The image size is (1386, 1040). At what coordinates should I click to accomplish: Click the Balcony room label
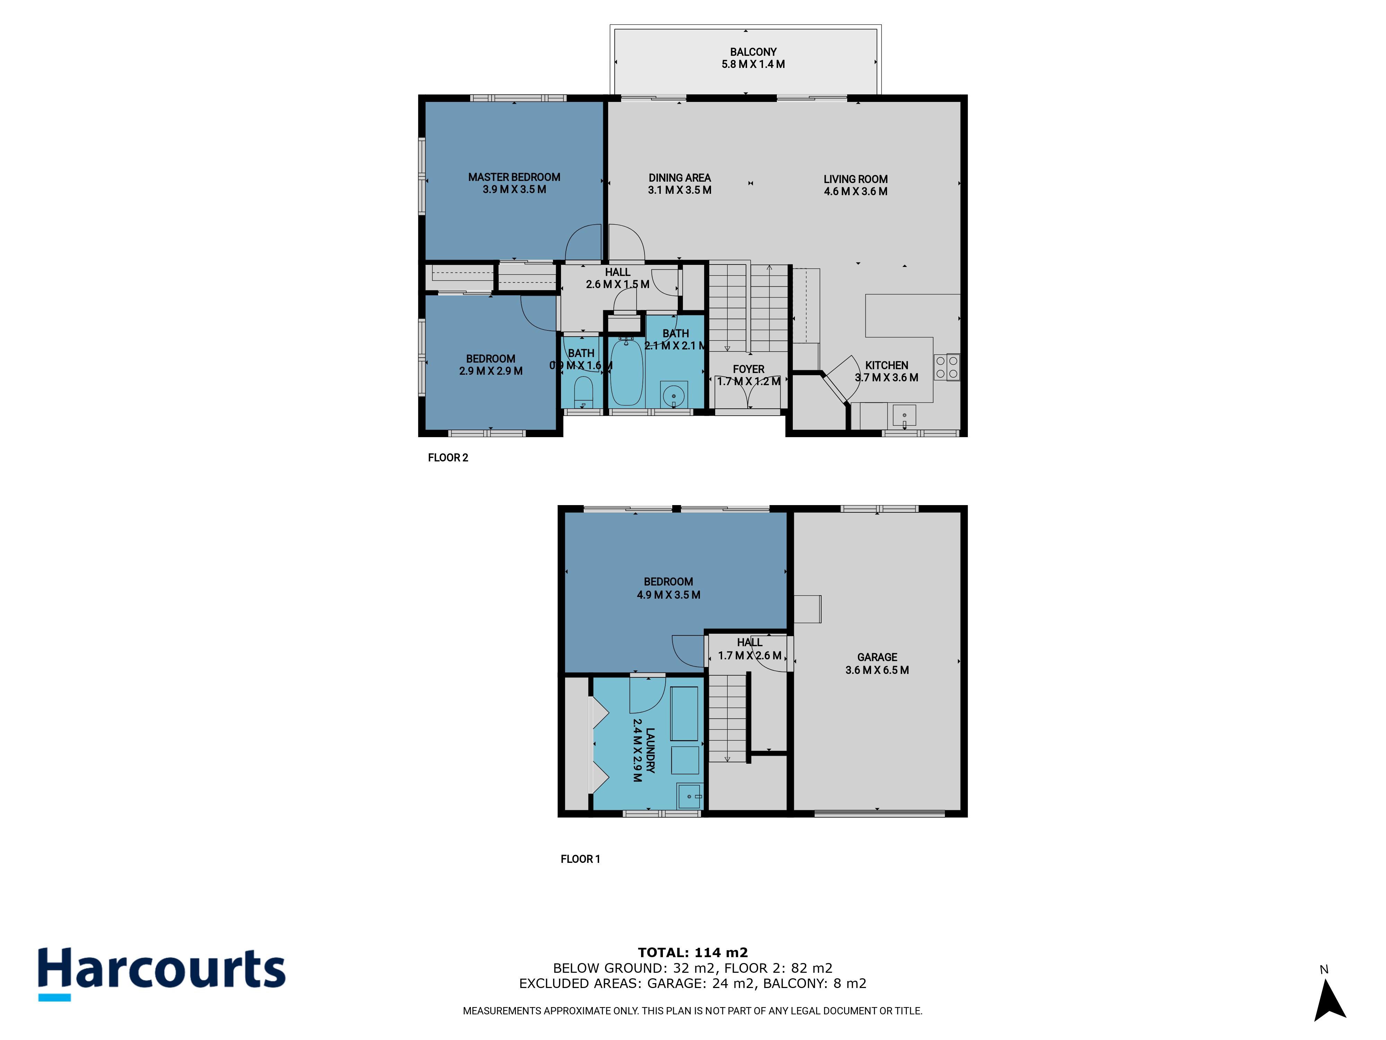[753, 52]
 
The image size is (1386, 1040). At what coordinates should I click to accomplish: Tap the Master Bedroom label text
[514, 177]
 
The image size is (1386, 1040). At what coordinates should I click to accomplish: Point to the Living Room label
[855, 179]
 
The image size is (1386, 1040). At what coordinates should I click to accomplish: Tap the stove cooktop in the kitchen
[946, 367]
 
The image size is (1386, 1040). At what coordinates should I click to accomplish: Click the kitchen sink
[904, 416]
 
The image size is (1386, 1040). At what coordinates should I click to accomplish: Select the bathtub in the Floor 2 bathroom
[626, 372]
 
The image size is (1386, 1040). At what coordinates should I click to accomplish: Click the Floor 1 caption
[580, 859]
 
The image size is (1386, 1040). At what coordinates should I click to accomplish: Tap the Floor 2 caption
[448, 458]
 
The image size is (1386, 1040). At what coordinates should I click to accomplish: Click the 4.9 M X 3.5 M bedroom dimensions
[668, 595]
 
